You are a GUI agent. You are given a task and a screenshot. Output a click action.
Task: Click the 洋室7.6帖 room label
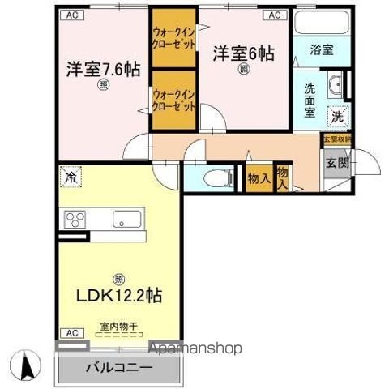(x=103, y=69)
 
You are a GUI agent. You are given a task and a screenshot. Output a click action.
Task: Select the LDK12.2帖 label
(x=119, y=295)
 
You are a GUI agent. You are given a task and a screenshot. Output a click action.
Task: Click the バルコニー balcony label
(x=118, y=367)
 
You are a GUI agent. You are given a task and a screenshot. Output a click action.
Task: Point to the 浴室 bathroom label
(x=323, y=50)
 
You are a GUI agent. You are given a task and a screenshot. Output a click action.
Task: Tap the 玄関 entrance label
(x=337, y=162)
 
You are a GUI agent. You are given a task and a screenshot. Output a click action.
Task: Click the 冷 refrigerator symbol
(x=72, y=176)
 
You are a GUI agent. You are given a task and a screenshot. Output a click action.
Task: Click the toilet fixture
(x=214, y=177)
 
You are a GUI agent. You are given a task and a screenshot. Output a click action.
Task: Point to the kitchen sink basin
(x=126, y=219)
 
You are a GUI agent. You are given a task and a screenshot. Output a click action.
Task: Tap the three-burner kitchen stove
(x=75, y=219)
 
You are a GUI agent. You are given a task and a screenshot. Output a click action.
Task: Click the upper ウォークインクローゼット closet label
(x=173, y=38)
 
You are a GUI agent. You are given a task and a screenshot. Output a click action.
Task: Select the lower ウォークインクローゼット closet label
(x=173, y=100)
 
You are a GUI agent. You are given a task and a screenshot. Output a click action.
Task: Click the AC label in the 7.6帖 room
(x=72, y=15)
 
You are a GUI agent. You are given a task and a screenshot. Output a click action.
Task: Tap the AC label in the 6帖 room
(x=273, y=15)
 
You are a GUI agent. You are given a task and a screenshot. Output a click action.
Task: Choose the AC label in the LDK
(x=71, y=333)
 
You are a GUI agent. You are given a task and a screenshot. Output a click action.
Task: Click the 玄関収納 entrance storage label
(x=336, y=139)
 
